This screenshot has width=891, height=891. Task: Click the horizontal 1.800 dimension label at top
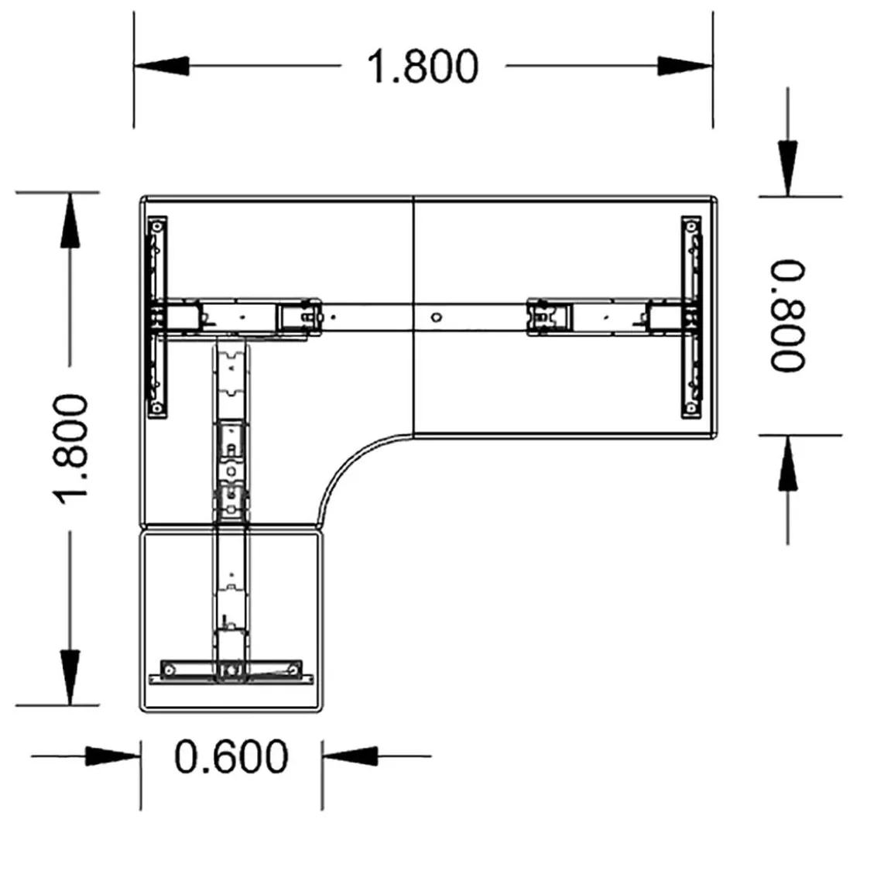click(x=423, y=67)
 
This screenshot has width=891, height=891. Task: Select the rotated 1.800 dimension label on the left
click(x=71, y=449)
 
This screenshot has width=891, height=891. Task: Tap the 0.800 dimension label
click(x=788, y=316)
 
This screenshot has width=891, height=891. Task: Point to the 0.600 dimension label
click(x=231, y=756)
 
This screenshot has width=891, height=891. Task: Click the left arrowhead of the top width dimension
click(x=162, y=66)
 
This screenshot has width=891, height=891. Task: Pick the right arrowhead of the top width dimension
click(x=685, y=66)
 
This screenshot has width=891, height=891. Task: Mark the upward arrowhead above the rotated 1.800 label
click(x=70, y=221)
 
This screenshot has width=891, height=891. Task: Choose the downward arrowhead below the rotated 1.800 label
click(x=70, y=677)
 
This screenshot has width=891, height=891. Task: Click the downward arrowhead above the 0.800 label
click(x=787, y=168)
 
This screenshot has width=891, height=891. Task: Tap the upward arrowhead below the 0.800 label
click(x=787, y=463)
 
